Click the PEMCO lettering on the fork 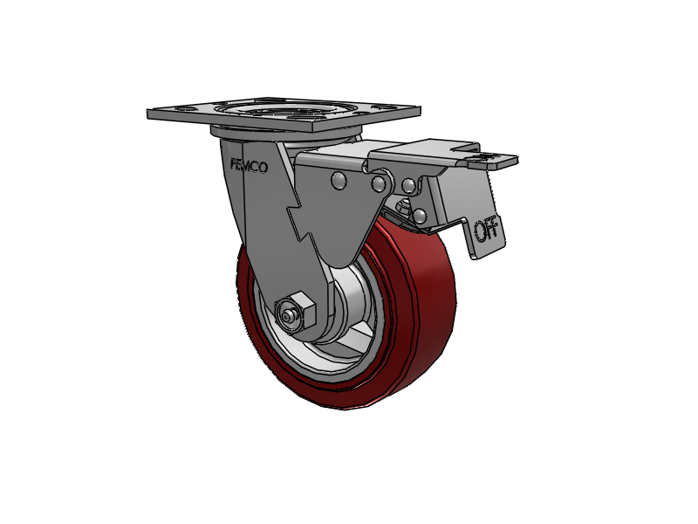click(x=249, y=165)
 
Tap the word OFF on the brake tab click(x=486, y=231)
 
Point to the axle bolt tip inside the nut click(x=285, y=314)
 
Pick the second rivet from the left click(x=379, y=183)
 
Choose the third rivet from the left click(x=407, y=185)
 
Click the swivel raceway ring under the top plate click(x=288, y=134)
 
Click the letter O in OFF click(x=480, y=232)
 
